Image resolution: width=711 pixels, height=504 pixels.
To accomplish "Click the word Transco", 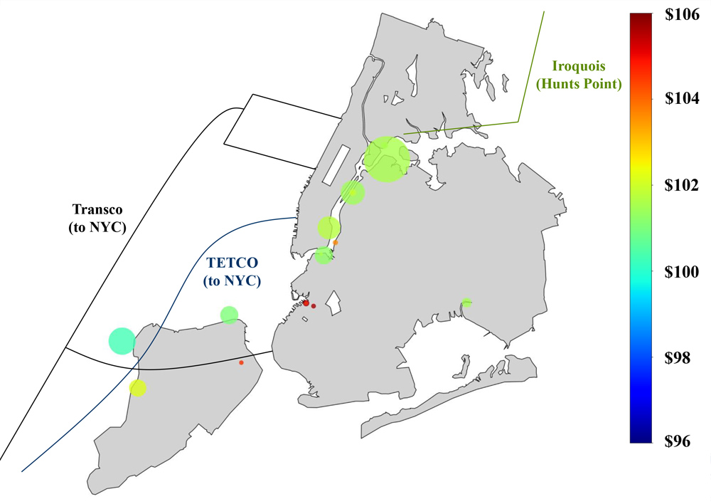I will coord(98,210).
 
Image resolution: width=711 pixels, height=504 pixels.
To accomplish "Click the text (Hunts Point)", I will coord(579,84).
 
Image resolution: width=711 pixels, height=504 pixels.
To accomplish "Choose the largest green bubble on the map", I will coord(387,159).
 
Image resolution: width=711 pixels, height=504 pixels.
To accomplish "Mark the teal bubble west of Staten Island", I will coord(122,340).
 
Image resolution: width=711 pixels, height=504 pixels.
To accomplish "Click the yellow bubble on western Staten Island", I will coord(137,388).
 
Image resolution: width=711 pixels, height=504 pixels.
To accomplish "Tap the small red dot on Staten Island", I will coord(241,363).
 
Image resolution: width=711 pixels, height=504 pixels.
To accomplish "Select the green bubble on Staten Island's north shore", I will coord(229,315).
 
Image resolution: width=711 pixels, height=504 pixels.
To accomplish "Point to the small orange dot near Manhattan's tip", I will coord(336,243).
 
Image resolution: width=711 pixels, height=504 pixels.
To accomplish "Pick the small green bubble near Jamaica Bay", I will coord(466,303).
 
